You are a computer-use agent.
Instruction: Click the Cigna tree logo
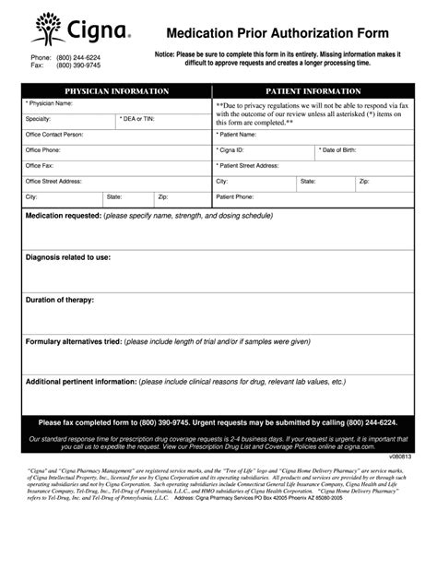[48, 28]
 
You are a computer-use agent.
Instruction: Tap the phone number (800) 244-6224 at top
[78, 57]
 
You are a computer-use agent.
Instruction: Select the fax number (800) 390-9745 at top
[78, 65]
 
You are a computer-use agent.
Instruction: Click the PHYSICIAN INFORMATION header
[116, 91]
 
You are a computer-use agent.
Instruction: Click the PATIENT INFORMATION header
[313, 91]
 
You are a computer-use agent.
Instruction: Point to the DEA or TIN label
[137, 119]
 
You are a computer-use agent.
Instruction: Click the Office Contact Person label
[54, 135]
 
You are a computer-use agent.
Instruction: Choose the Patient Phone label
[235, 197]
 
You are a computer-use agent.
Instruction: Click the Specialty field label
[39, 119]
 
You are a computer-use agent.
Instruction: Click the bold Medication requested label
[64, 216]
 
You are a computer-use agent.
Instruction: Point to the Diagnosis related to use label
[68, 257]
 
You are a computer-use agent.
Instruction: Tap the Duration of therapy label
[60, 300]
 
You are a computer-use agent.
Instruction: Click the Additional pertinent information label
[81, 382]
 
